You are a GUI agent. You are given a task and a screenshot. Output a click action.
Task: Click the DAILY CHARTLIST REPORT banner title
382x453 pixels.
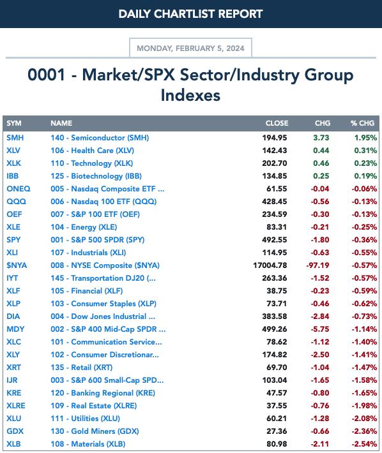pos(190,14)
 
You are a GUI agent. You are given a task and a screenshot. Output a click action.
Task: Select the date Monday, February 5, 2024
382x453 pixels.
pos(190,48)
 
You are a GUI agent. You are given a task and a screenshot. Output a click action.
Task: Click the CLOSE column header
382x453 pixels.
pos(277,123)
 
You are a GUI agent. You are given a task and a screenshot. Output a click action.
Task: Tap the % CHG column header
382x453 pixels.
pos(363,123)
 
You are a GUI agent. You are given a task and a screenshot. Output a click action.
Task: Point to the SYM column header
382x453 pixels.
pos(14,123)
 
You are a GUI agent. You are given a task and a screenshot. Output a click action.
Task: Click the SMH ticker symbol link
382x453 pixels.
pos(15,138)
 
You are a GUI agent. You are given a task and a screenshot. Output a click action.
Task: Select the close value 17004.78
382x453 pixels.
pos(270,265)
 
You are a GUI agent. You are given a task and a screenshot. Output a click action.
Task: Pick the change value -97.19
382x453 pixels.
pos(318,265)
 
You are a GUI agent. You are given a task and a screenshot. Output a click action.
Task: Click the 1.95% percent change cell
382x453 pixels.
pos(365,138)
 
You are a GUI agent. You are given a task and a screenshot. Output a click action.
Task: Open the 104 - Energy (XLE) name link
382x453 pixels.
pos(84,227)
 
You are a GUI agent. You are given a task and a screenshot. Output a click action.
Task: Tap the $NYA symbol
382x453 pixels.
pos(17,265)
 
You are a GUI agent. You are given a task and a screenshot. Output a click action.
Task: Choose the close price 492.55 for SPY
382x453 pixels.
pos(275,240)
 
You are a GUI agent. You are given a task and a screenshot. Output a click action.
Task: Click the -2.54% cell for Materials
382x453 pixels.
pos(364,444)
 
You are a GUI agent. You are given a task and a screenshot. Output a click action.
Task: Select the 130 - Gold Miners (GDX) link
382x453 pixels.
pos(95,431)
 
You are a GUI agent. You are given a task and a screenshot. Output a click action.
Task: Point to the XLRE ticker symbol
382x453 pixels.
pos(16,406)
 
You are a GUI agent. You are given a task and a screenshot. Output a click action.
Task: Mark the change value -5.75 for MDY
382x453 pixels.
pos(320,329)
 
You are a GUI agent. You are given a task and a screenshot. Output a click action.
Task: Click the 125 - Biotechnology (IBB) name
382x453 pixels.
pos(96,176)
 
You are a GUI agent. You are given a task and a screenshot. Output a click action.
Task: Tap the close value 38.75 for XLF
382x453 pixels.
pos(277,291)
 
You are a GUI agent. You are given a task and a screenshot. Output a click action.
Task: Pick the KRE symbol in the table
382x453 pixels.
pos(14,393)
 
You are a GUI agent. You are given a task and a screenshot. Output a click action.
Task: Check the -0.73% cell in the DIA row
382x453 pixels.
pos(364,316)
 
